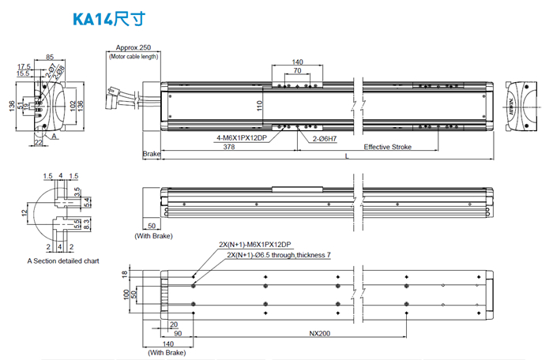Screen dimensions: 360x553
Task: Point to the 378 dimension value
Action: (228, 147)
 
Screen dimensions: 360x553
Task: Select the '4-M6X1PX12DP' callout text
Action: (243, 138)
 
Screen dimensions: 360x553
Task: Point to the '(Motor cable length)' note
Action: (134, 57)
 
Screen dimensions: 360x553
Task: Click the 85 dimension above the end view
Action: (50, 57)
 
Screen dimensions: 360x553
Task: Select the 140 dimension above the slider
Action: (297, 62)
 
